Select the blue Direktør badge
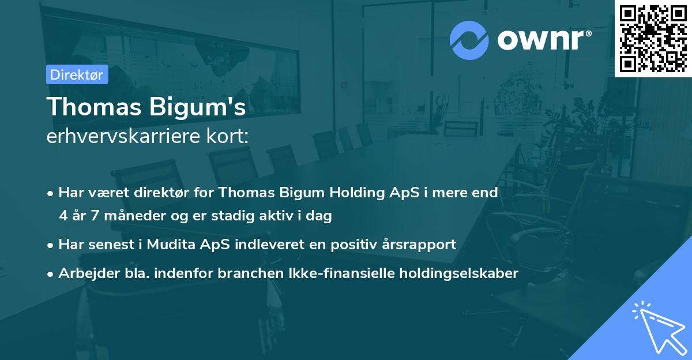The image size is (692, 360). [x=77, y=74]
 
